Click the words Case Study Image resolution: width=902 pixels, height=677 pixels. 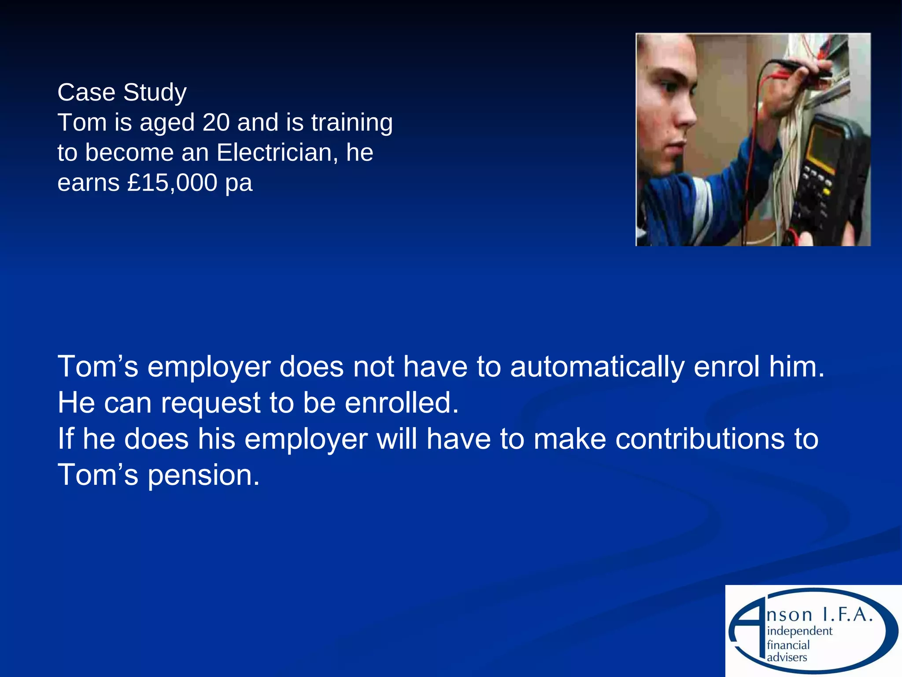coord(122,93)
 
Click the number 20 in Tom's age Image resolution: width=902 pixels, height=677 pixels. coord(216,122)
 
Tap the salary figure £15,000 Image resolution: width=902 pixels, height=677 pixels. coord(172,182)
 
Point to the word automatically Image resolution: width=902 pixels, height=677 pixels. coord(597,367)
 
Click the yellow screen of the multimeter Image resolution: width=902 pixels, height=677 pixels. coord(823,148)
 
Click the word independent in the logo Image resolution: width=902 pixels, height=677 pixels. coord(799,631)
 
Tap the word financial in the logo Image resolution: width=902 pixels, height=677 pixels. coord(788,645)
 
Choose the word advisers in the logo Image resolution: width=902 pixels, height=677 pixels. coord(787,658)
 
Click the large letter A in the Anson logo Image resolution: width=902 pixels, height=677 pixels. coord(749,626)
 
